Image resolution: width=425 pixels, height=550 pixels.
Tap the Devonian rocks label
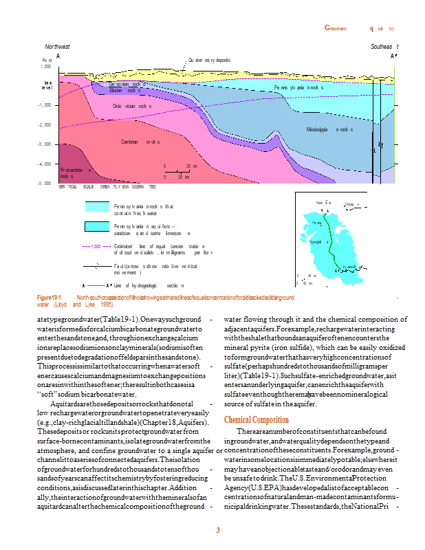click(127, 84)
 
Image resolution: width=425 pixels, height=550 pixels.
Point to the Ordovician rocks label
click(132, 107)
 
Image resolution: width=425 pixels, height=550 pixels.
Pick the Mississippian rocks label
click(329, 130)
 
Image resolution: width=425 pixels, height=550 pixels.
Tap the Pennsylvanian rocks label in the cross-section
click(298, 88)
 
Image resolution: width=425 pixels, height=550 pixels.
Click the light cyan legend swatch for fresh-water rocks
click(97, 207)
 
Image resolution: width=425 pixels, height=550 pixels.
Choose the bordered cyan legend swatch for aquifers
click(97, 227)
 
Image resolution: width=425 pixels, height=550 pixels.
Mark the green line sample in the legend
click(96, 285)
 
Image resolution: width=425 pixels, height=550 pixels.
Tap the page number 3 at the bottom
click(217, 530)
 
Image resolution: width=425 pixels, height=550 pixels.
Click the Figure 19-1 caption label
click(50, 297)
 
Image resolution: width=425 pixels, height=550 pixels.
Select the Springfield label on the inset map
click(318, 242)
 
